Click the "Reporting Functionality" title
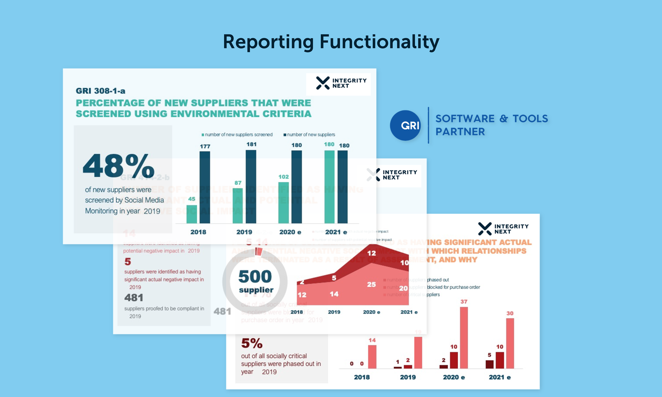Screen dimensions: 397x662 331,42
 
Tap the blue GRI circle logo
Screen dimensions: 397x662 405,126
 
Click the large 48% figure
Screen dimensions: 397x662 118,166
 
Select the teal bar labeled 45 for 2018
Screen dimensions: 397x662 192,214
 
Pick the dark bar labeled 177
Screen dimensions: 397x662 205,187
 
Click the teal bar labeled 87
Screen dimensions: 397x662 238,206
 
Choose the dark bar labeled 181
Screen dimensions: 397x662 251,186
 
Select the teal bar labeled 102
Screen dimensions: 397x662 283,202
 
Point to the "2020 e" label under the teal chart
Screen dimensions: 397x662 290,232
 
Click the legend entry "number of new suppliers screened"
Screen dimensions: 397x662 237,135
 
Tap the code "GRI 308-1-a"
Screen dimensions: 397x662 101,91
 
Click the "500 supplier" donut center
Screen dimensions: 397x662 256,281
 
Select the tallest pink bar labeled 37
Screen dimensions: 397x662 464,337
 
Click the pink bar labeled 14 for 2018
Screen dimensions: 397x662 372,356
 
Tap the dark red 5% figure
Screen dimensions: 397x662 252,343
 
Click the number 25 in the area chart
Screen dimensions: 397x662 372,285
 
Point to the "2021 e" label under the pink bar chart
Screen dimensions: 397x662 500,377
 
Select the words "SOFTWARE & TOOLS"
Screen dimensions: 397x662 492,119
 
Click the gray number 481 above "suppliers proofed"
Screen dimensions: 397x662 134,298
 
